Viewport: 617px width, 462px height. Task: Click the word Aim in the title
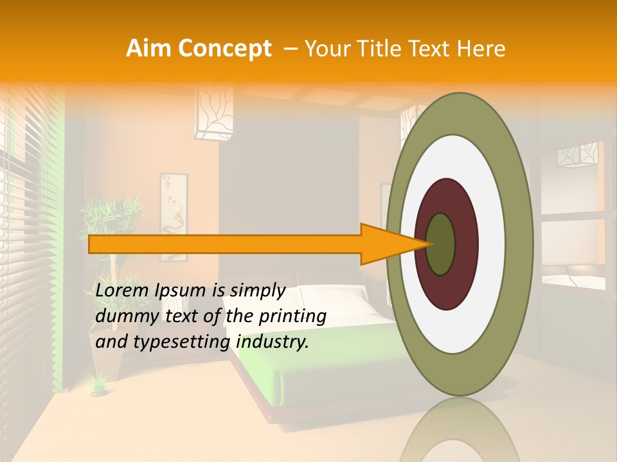click(x=149, y=48)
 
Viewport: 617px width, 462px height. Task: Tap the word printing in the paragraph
click(x=292, y=316)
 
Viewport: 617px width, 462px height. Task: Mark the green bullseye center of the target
click(x=440, y=244)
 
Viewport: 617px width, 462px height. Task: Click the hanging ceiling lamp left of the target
click(x=211, y=116)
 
